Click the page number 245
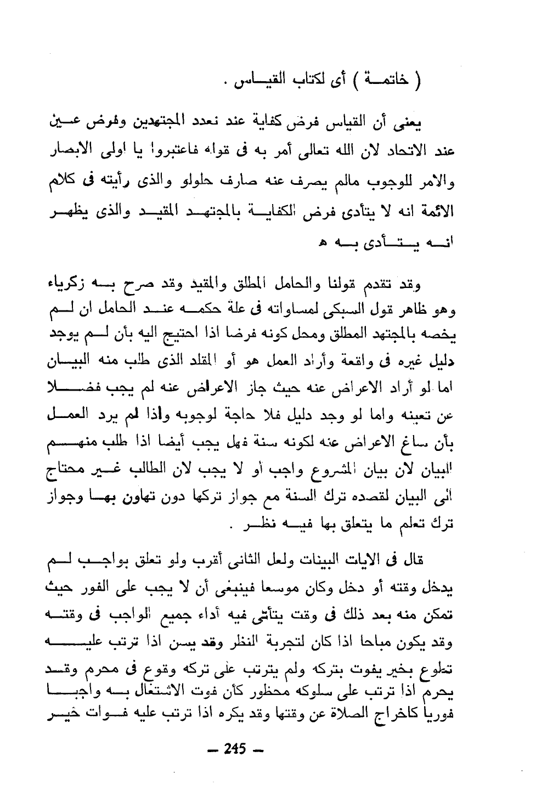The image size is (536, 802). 235,749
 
